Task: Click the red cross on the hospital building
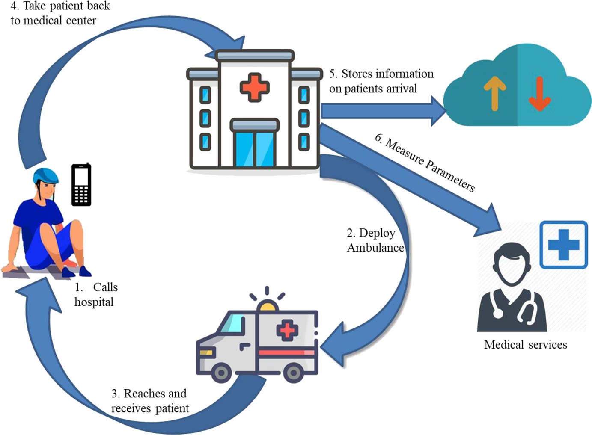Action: tap(254, 87)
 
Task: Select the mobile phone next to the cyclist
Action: tap(81, 185)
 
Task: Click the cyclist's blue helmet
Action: tap(46, 176)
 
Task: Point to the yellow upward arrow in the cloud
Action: tap(495, 93)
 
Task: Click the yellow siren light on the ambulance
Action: tap(268, 306)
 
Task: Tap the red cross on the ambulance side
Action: tap(287, 330)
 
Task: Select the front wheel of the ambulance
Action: tap(221, 373)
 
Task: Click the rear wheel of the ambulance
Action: tap(293, 373)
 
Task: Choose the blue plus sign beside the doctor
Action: tap(563, 245)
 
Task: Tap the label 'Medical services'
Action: tap(525, 345)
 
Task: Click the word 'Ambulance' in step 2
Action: tap(375, 248)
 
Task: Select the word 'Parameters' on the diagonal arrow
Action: tap(450, 175)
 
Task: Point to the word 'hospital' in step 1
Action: tap(94, 302)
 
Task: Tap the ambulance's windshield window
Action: tap(232, 323)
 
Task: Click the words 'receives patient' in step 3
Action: tap(150, 408)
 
